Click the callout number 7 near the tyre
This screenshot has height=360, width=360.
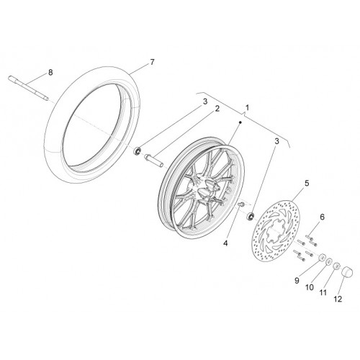click(x=152, y=62)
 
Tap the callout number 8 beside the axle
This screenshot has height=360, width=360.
click(x=50, y=72)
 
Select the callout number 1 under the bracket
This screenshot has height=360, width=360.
click(x=247, y=107)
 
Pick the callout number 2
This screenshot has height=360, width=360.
click(x=217, y=109)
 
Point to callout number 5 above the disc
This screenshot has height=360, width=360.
click(x=307, y=184)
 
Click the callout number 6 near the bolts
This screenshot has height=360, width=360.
click(x=322, y=217)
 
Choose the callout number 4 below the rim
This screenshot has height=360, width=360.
click(x=225, y=243)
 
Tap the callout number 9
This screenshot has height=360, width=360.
click(x=297, y=281)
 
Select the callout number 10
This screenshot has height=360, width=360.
click(x=310, y=287)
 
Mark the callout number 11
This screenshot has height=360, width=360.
click(x=323, y=292)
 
